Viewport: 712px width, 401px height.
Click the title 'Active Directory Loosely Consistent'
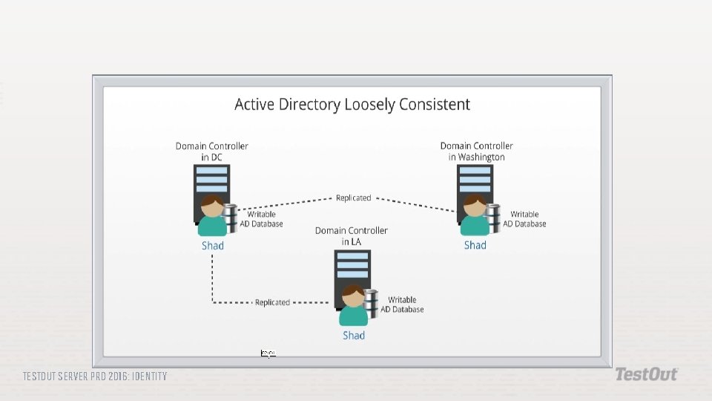352,105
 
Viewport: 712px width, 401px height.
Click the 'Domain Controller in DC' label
211,151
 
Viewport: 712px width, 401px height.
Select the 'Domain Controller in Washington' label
476,151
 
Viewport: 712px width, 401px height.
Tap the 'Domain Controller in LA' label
351,236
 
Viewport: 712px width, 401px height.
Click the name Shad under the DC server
212,246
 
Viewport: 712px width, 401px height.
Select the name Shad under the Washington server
475,246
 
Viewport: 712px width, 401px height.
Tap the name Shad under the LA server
354,336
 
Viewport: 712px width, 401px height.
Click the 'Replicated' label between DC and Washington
353,198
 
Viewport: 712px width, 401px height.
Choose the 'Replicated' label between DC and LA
272,303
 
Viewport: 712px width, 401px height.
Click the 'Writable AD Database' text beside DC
261,219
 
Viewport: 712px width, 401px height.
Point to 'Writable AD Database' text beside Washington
524,219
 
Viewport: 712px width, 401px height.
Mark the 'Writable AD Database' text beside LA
402,304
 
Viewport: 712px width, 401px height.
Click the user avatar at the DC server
212,216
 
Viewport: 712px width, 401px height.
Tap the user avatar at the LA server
354,305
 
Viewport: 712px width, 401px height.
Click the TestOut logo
645,374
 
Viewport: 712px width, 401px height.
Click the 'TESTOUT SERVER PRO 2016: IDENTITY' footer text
95,376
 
